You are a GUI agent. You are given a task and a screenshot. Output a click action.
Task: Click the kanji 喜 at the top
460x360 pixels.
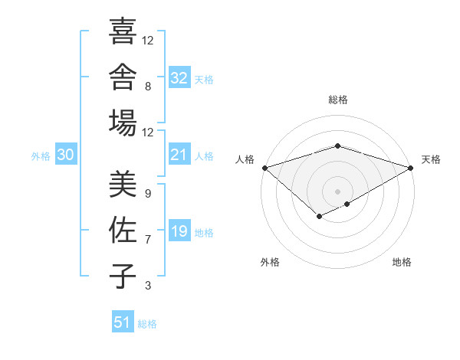[x=123, y=31]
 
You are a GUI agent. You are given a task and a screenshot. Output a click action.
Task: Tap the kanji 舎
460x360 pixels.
[x=123, y=77]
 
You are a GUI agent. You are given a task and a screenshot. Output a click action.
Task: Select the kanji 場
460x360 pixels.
[x=123, y=123]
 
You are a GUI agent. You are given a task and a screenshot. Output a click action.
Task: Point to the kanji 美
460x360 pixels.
[x=123, y=184]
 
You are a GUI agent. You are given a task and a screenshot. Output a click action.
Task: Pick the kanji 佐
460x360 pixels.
[x=123, y=230]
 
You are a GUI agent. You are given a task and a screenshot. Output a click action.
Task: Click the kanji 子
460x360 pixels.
[x=123, y=276]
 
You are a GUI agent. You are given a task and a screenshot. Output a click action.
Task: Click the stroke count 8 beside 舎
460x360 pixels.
[x=148, y=87]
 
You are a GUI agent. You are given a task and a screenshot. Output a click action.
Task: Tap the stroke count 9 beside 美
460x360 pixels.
[x=148, y=194]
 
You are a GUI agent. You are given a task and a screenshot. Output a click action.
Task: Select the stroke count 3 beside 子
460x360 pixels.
[x=148, y=286]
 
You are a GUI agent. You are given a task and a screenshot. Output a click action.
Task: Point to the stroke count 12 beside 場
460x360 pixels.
[x=147, y=133]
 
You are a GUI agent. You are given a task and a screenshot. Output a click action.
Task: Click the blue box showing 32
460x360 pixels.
[x=179, y=77]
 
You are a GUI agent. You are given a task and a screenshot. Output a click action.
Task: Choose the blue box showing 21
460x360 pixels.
[x=179, y=154]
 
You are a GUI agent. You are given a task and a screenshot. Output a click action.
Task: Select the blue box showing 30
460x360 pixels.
[x=66, y=154]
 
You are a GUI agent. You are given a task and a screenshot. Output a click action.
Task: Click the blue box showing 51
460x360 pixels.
[x=123, y=321]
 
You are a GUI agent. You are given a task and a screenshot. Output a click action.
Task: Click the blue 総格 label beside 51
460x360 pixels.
[x=147, y=324]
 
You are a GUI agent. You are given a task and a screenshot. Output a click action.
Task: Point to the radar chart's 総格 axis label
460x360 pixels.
[x=338, y=100]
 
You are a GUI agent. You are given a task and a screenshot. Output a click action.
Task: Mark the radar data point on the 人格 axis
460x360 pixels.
[x=265, y=168]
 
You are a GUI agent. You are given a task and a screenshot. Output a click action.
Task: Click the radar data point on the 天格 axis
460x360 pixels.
[x=411, y=168]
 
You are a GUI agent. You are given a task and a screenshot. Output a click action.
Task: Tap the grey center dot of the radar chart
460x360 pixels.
[x=337, y=191]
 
